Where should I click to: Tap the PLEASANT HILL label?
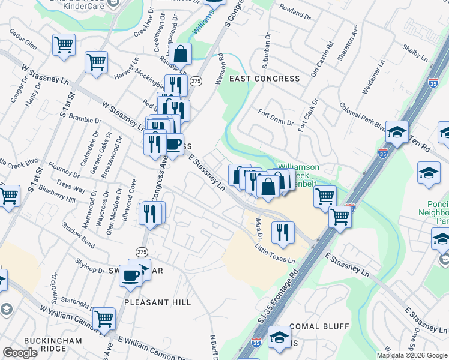pos(157,302)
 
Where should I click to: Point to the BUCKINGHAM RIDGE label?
pos(61,344)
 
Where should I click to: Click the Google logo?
pos(20,353)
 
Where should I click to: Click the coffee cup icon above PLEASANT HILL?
pos(131,275)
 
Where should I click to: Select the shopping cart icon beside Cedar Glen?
pos(64,44)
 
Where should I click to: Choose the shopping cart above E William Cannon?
pos(103,317)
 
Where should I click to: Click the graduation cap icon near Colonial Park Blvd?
pos(397,132)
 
